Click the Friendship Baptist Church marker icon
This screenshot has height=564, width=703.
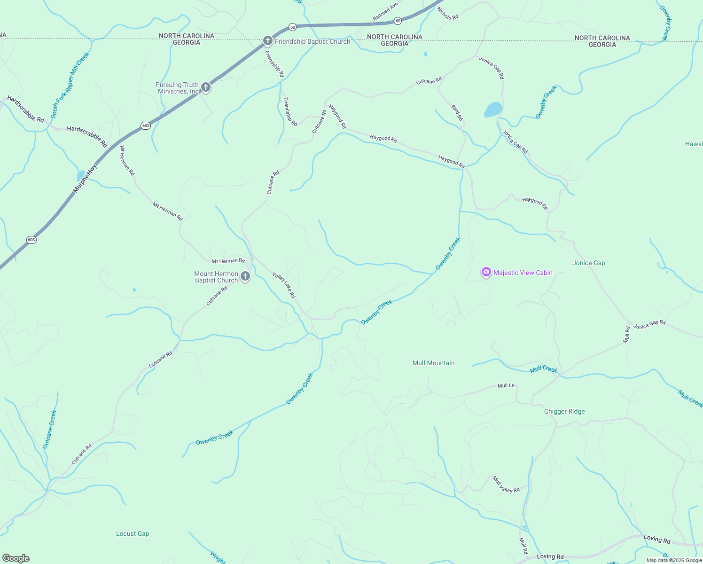[x=267, y=41]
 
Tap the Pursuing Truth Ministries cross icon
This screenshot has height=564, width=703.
[x=205, y=87]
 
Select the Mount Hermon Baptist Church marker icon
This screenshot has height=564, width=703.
[x=245, y=276]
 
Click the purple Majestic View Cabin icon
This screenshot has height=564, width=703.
[x=486, y=272]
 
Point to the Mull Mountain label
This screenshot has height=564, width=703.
[x=433, y=363]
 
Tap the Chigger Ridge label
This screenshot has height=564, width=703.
[x=564, y=411]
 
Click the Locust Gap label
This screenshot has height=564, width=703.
[x=133, y=533]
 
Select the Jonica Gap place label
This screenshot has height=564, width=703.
[x=588, y=263]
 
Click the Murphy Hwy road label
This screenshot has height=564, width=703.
[x=85, y=178]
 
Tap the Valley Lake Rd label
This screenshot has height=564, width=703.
[x=284, y=285]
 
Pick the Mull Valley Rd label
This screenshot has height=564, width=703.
[x=506, y=484]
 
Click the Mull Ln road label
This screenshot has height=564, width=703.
[x=506, y=385]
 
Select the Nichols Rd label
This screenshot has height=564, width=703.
[x=447, y=13]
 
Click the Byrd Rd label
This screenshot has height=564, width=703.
[x=457, y=113]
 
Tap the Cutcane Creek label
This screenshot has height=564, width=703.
[x=49, y=430]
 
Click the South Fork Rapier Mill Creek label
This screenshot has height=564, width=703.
[x=70, y=85]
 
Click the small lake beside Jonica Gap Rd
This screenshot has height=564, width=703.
[x=493, y=110]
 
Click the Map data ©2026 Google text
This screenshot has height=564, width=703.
[x=674, y=560]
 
